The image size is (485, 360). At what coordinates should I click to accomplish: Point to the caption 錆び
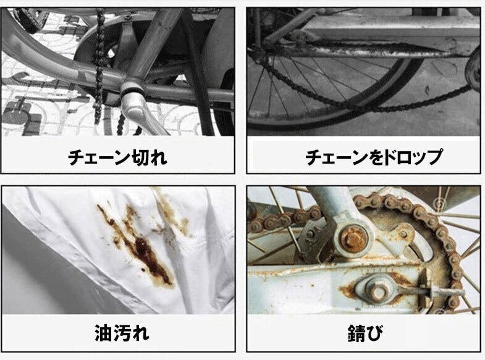365,334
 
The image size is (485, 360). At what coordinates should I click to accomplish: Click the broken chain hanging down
99,62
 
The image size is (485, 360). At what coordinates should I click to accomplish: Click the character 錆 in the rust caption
355,334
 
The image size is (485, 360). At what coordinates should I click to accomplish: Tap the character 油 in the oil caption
103,334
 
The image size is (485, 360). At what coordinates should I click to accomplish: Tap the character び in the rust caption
374,334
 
